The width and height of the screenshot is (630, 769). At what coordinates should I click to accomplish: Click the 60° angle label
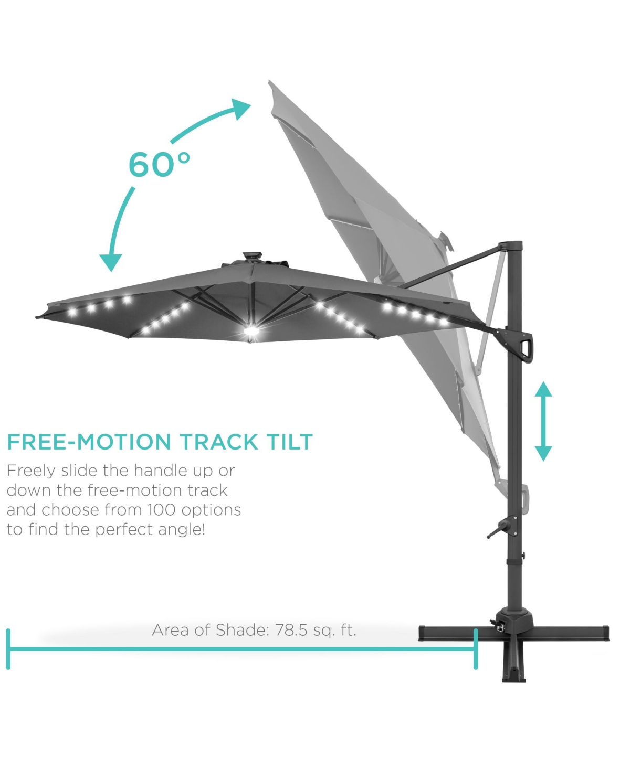[x=160, y=164]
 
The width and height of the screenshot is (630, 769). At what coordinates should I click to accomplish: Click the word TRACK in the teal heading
[x=219, y=442]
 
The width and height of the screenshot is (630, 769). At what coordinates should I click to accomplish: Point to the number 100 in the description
[x=162, y=510]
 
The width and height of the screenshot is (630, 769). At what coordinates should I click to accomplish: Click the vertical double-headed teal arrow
[x=543, y=421]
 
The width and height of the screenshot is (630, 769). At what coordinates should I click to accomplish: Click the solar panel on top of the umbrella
[x=253, y=255]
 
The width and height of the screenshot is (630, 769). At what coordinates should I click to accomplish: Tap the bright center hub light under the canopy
[x=251, y=331]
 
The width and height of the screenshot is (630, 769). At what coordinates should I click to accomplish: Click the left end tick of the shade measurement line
[x=8, y=649]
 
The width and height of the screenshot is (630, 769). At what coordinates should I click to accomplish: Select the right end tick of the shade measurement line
[x=476, y=649]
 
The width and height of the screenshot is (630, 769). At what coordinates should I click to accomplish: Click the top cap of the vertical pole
[x=511, y=244]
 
